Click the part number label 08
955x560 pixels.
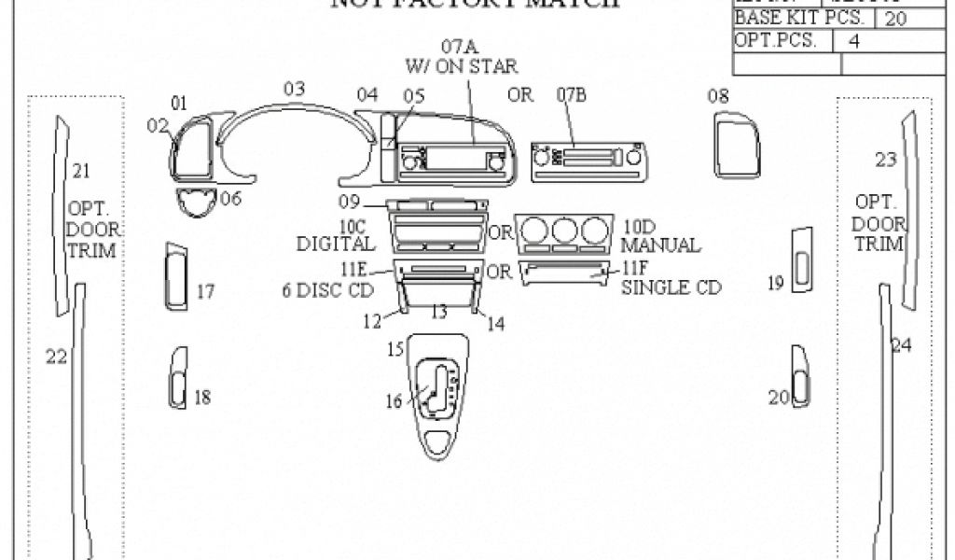pyautogui.click(x=717, y=95)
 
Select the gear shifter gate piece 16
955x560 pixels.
pyautogui.click(x=436, y=387)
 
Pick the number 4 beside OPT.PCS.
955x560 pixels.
pyautogui.click(x=853, y=41)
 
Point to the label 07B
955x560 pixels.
pyautogui.click(x=575, y=94)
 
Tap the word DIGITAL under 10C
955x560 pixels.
pyautogui.click(x=336, y=245)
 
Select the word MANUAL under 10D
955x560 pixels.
pyautogui.click(x=661, y=245)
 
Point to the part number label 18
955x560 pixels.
pyautogui.click(x=201, y=398)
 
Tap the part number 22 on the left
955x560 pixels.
pyautogui.click(x=56, y=356)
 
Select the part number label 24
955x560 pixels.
pyautogui.click(x=900, y=345)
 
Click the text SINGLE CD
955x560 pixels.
pyautogui.click(x=671, y=288)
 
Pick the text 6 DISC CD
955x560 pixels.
pyautogui.click(x=327, y=289)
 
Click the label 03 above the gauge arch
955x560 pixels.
pyautogui.click(x=295, y=90)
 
